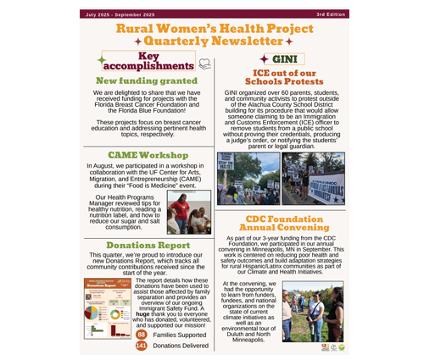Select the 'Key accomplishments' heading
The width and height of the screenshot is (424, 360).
click(153, 61)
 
